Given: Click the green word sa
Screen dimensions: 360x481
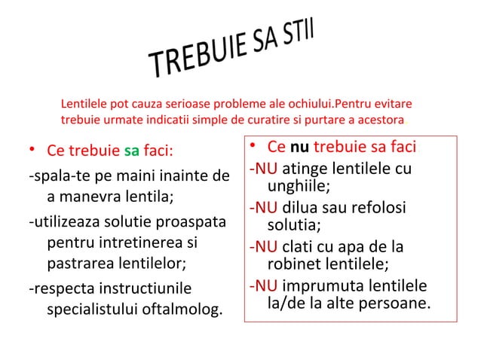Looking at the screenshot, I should coord(130,149).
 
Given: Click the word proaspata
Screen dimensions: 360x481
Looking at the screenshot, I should coord(188,224).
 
